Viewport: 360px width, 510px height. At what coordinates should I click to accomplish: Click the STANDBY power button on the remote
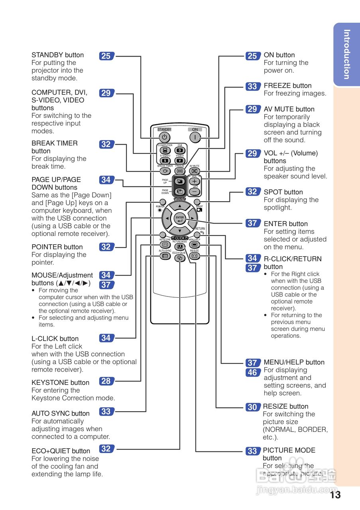pos(164,137)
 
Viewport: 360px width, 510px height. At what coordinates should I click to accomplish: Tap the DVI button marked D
pos(180,150)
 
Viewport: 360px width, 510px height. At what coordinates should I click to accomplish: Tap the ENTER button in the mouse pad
pos(180,218)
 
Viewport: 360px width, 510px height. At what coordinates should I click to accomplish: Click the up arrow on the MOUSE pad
pos(180,206)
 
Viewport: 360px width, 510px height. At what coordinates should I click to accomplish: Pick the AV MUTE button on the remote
pos(195,171)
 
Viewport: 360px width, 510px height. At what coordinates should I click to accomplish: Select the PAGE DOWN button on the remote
pos(179,191)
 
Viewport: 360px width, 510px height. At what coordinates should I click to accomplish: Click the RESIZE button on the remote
pos(194,256)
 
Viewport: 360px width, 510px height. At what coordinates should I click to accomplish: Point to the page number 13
pos(335,495)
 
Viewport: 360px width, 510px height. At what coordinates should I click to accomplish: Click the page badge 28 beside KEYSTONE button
pos(106,381)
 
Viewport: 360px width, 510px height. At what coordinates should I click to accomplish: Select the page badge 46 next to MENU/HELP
pos(252,373)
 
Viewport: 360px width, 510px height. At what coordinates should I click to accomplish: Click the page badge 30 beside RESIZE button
pos(252,407)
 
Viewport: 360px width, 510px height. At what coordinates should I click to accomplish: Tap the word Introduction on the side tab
pos(346,55)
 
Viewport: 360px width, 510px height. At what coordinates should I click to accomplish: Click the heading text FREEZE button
pos(287,86)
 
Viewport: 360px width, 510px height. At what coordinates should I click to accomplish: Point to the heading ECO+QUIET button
pos(61,451)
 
